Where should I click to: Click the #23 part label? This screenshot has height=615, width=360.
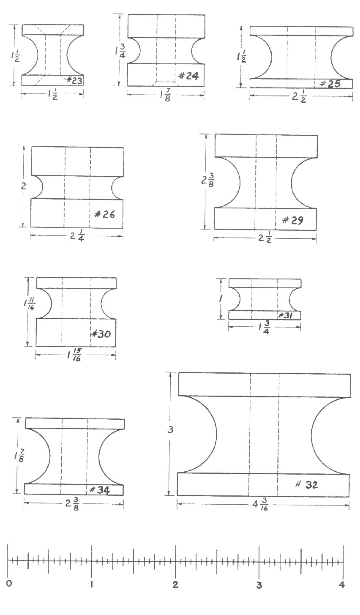point(74,80)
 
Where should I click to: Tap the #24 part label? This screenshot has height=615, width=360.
point(188,76)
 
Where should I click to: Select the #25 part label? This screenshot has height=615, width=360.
point(330,84)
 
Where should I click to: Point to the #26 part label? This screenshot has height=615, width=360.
point(104,214)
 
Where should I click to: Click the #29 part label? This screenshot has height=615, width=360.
point(293,220)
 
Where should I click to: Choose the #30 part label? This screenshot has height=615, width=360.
point(101,334)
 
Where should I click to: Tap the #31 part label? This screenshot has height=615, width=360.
point(285,315)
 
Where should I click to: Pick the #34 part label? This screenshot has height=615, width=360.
point(100,490)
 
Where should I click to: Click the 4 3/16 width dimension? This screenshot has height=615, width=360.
point(261,505)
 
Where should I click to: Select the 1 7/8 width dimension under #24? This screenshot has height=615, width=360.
point(165,96)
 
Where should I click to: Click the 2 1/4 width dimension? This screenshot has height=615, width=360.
point(77,236)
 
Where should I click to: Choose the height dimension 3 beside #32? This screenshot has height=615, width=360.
point(170,430)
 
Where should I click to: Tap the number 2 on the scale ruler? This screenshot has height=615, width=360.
point(175,585)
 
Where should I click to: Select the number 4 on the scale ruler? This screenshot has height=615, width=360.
point(342,585)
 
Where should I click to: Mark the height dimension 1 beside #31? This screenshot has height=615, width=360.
point(220,298)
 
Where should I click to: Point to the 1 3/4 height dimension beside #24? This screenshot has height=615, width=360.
point(120,51)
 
